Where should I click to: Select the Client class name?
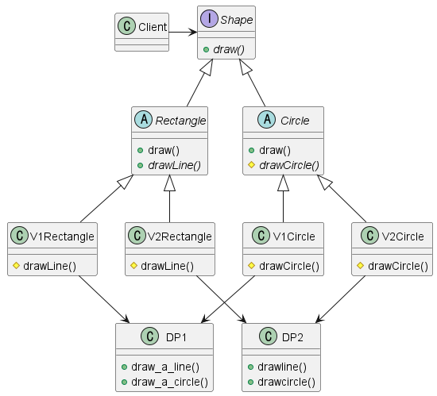pos(153,27)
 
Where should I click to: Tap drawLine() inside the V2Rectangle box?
pos(167,265)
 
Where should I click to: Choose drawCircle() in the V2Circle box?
pos(397,265)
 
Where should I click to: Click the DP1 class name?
pos(176,336)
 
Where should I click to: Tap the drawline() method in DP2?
pos(282,366)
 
